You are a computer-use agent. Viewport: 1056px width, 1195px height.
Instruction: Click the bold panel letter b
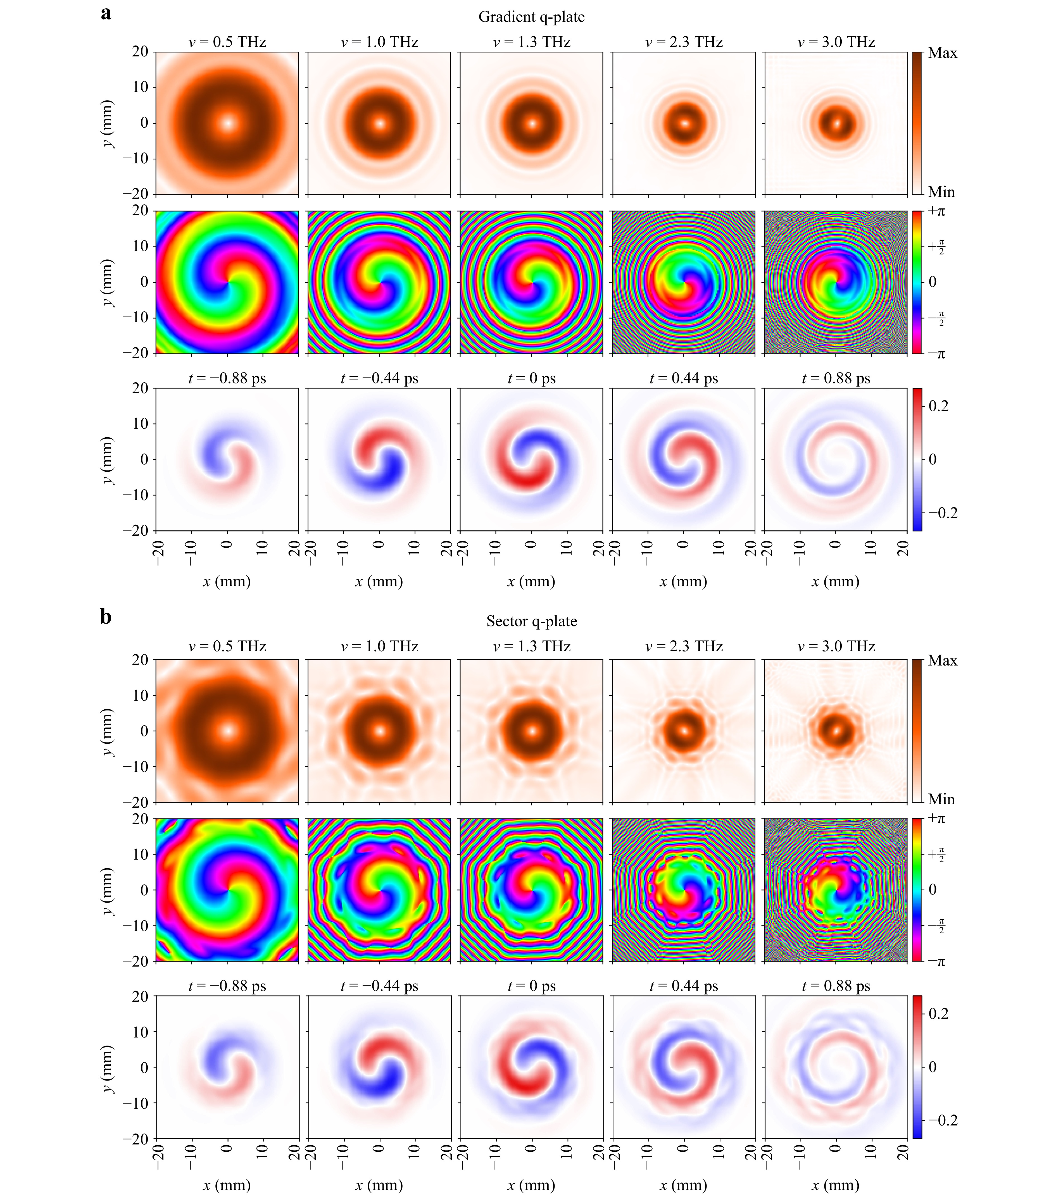pyautogui.click(x=106, y=617)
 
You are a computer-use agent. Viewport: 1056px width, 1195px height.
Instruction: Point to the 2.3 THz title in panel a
pyautogui.click(x=684, y=42)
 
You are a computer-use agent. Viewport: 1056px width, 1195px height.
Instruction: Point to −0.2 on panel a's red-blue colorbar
pyautogui.click(x=943, y=513)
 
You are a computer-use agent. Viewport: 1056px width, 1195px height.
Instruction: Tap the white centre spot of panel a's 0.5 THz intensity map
pyautogui.click(x=227, y=123)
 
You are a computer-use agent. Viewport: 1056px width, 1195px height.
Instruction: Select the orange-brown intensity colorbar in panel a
pyautogui.click(x=917, y=123)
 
